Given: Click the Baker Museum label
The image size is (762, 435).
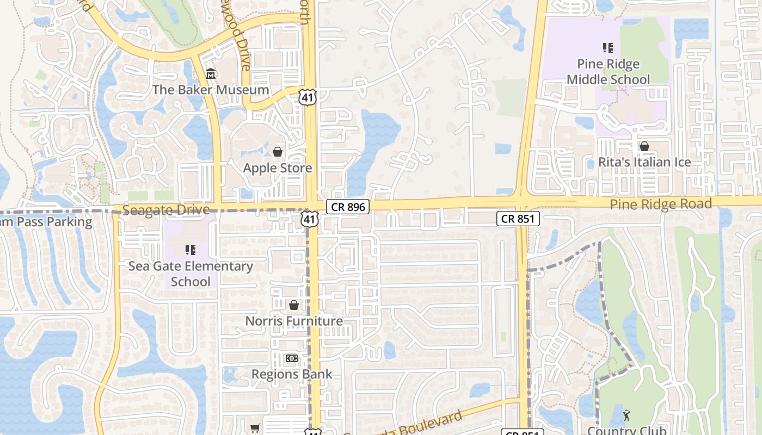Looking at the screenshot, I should pyautogui.click(x=211, y=90).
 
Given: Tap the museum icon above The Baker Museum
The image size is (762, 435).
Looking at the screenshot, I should pyautogui.click(x=211, y=73).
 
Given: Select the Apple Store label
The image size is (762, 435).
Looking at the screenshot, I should pyautogui.click(x=278, y=167).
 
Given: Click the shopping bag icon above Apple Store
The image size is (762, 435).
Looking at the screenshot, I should pyautogui.click(x=278, y=151).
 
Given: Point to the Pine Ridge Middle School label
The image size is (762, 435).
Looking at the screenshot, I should pyautogui.click(x=608, y=72).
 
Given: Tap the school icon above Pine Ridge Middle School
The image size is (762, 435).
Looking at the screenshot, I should pyautogui.click(x=608, y=48).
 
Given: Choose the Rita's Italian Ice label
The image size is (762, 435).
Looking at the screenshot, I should pyautogui.click(x=644, y=162).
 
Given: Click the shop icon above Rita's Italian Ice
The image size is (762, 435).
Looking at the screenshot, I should pyautogui.click(x=644, y=146).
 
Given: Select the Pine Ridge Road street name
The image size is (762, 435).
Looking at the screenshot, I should pyautogui.click(x=661, y=204).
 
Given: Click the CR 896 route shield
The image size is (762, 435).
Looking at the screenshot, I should pyautogui.click(x=348, y=207).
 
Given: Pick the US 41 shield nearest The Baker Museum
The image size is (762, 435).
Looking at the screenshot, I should pyautogui.click(x=308, y=97).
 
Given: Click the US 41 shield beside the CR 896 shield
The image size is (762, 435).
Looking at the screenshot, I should pyautogui.click(x=310, y=219).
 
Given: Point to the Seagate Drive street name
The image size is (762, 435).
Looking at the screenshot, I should pyautogui.click(x=166, y=210).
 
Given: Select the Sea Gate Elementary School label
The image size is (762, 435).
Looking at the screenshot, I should pyautogui.click(x=190, y=274).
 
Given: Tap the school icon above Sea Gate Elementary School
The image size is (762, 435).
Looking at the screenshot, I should pyautogui.click(x=190, y=250).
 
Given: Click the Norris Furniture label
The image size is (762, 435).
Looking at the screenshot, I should pyautogui.click(x=294, y=321).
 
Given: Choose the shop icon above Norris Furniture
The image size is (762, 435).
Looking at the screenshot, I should pyautogui.click(x=294, y=305).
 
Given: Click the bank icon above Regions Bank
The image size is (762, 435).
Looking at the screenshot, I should pyautogui.click(x=292, y=358).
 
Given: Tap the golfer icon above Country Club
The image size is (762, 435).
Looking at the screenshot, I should pyautogui.click(x=626, y=416).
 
